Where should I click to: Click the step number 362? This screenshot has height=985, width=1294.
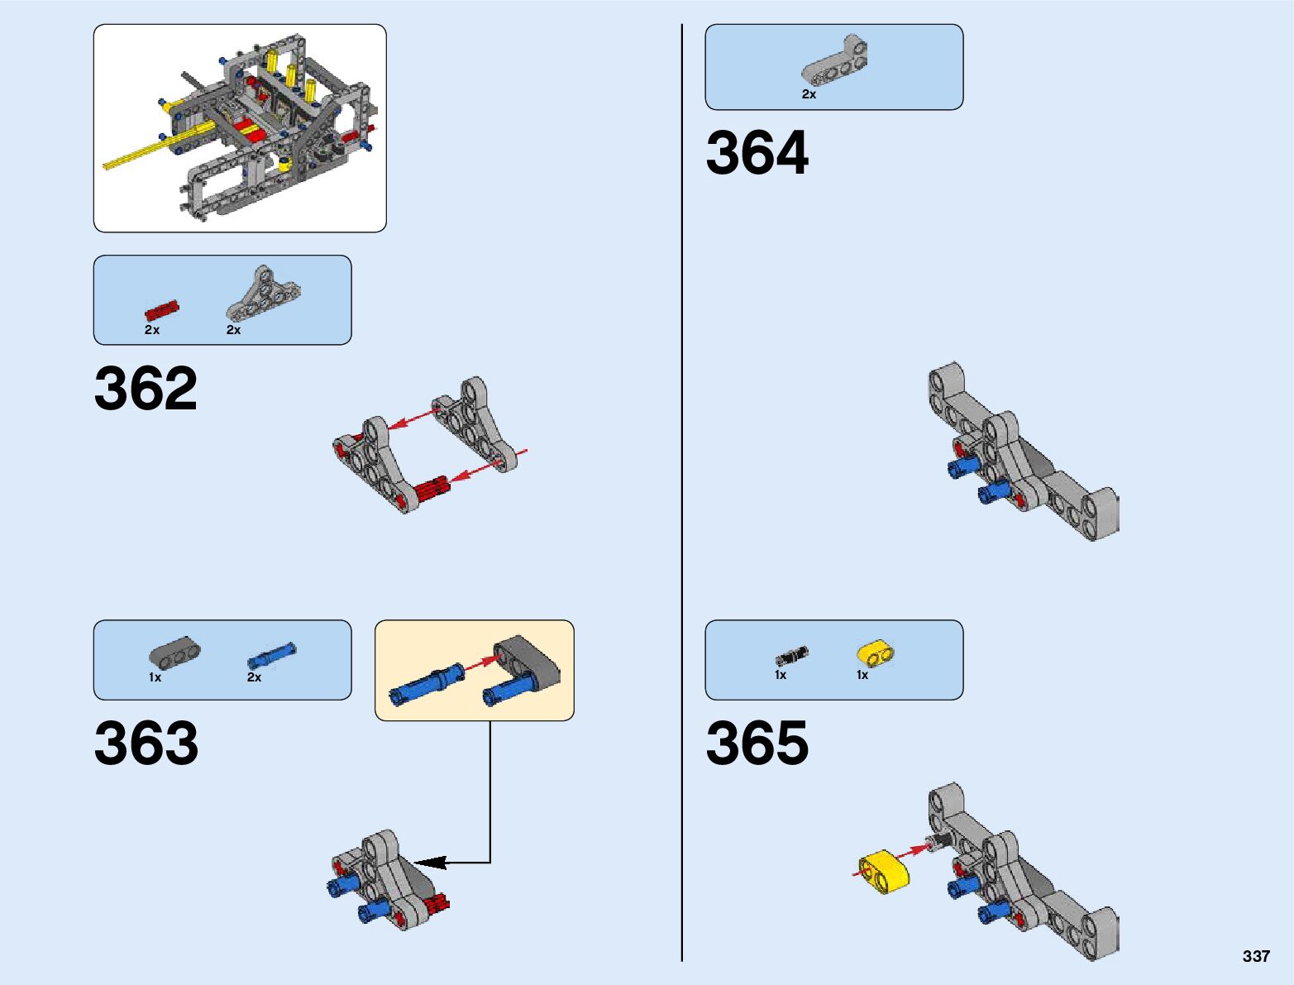(x=146, y=388)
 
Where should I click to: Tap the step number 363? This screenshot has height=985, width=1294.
(x=146, y=743)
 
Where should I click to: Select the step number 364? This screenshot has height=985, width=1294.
(x=757, y=153)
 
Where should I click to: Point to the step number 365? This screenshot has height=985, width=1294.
(x=757, y=743)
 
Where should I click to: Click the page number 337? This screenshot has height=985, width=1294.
(x=1255, y=956)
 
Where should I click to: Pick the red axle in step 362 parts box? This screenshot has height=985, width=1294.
(x=162, y=311)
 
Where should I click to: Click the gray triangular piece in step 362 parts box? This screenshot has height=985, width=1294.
(x=263, y=294)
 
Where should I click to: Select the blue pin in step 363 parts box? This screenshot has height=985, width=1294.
(x=271, y=656)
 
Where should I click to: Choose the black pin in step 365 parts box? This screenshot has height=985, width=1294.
(x=791, y=656)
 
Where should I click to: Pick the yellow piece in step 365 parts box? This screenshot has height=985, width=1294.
(x=876, y=654)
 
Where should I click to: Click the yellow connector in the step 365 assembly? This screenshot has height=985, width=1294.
(x=884, y=872)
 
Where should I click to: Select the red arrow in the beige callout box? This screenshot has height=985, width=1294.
(x=482, y=663)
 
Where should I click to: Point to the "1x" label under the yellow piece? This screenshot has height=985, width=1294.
(x=862, y=676)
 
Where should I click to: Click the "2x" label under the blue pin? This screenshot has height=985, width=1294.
(x=254, y=677)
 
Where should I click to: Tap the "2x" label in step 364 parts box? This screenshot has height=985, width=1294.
(x=809, y=95)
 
